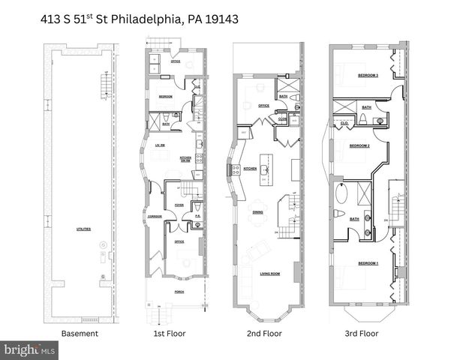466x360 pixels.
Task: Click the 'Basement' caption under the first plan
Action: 79,333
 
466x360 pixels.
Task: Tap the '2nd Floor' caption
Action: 265,333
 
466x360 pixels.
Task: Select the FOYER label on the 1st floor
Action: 180,204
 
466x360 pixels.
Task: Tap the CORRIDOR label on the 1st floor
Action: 155,217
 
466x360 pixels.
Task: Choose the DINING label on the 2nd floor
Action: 257,212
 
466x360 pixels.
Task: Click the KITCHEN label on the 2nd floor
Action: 250,169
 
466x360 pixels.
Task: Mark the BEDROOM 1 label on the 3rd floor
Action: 368,263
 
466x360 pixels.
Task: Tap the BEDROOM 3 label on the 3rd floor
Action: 367,76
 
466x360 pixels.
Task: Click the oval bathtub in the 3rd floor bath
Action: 341,196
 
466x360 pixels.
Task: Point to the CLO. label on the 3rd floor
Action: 344,123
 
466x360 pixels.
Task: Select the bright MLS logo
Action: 29,349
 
